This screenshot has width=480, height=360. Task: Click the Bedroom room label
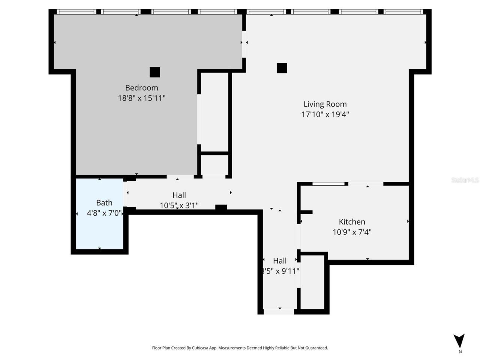coord(141,88)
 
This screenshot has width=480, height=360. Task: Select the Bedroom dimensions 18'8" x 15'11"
coord(141,98)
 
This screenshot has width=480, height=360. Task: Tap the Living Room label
coord(325,104)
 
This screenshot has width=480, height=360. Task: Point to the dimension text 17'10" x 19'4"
coord(325,114)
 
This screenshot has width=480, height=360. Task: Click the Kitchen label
coord(352,222)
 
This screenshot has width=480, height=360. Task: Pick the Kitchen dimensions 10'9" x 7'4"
coord(352,232)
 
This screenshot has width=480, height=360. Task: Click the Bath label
coord(104,203)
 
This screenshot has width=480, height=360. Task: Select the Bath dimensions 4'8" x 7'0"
coord(104,213)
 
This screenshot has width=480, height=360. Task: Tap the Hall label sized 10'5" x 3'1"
coord(179,195)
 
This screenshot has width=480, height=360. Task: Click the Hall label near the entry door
coord(280,261)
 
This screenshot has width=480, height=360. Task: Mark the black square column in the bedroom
coord(154,72)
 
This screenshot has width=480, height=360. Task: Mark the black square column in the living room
coord(282,68)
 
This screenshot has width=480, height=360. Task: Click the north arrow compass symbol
coord(459,340)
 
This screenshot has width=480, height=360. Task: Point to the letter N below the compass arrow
coord(460,352)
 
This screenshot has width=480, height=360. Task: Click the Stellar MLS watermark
coord(465,180)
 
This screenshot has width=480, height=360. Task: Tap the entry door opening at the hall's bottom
coord(279,311)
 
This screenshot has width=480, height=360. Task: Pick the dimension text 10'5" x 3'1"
coord(179,205)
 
